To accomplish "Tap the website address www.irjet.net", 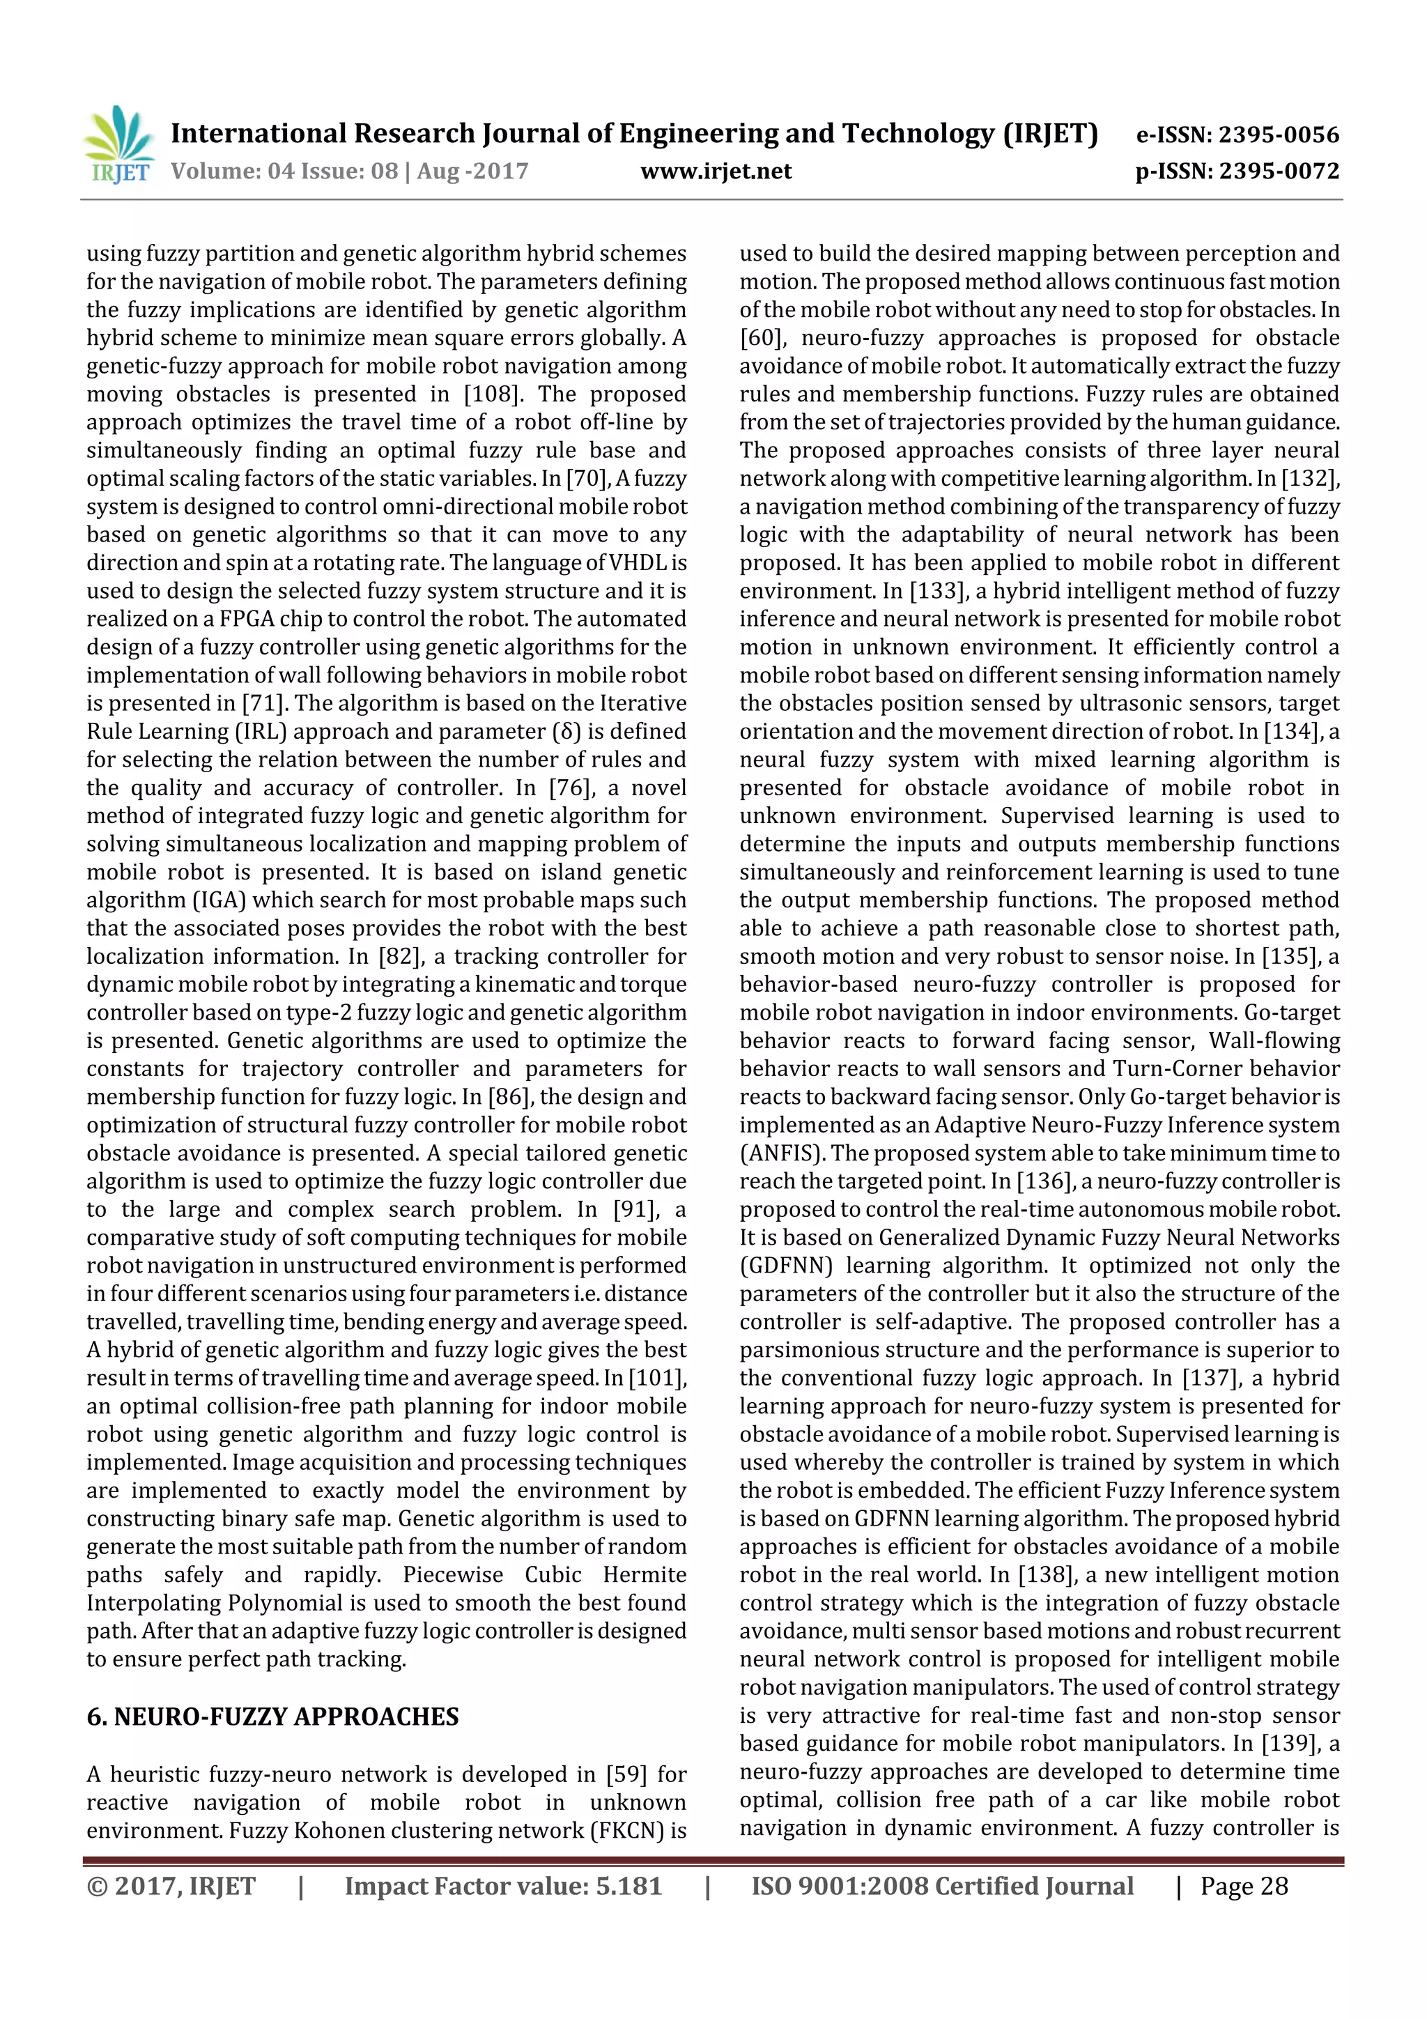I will [x=716, y=171].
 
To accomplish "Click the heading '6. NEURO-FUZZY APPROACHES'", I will [x=272, y=1717].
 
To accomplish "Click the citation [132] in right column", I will [x=1310, y=478].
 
